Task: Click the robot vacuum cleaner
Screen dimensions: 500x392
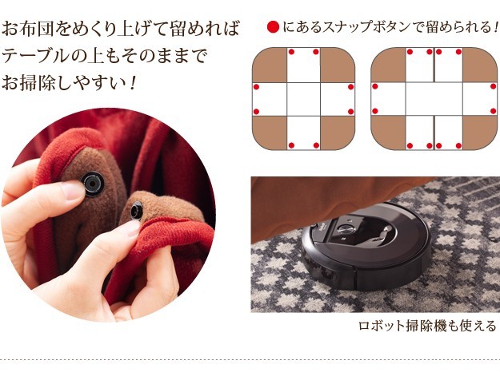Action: coord(366,246)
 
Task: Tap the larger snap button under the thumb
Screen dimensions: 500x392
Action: coord(93,184)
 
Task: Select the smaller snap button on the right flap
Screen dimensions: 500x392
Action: coord(137,211)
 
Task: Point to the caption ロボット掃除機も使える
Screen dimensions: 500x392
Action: coord(427,326)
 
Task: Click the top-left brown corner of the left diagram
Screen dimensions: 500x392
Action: coord(270,65)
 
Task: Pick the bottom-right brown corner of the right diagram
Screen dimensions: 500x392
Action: coord(479,132)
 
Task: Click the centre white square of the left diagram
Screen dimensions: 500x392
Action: coord(303,99)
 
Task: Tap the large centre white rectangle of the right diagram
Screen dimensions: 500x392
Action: coord(434,99)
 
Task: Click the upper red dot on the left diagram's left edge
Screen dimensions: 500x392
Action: coord(256,87)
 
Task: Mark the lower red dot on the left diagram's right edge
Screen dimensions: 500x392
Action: coord(350,112)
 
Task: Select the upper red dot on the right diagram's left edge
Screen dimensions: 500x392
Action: coord(375,86)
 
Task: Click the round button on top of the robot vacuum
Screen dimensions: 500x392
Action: coord(345,228)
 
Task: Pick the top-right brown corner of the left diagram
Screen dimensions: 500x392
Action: coord(338,65)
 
